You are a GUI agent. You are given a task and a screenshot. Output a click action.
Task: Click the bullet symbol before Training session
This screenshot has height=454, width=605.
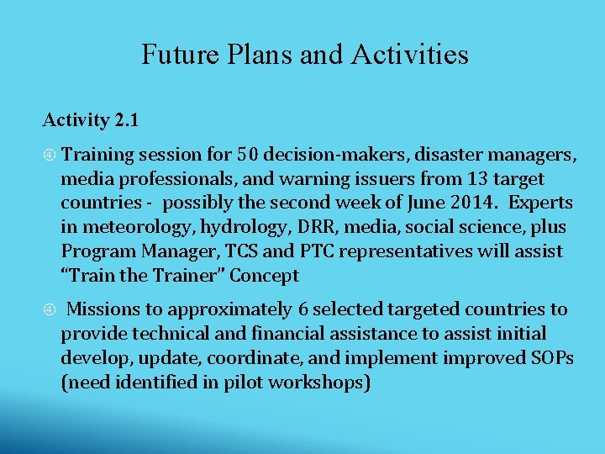point(50,156)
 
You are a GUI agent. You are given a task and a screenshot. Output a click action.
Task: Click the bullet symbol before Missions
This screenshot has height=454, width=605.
point(50,310)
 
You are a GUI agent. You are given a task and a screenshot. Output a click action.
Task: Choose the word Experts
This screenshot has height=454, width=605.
point(542,203)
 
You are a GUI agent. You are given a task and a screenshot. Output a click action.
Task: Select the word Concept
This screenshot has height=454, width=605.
point(265,277)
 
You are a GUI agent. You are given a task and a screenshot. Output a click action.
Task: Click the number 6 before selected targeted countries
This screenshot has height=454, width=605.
point(303,309)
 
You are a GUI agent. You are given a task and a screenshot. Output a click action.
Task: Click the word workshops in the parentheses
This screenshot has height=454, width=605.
point(321,383)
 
